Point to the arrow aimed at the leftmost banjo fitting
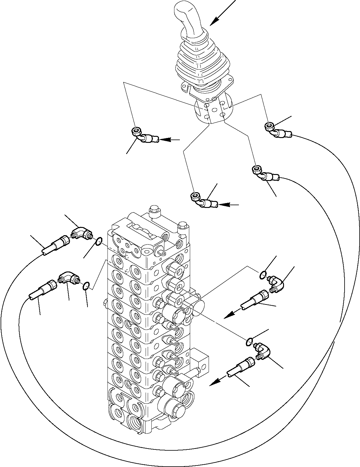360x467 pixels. tap(170, 140)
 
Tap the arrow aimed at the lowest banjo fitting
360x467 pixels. tap(229, 205)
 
